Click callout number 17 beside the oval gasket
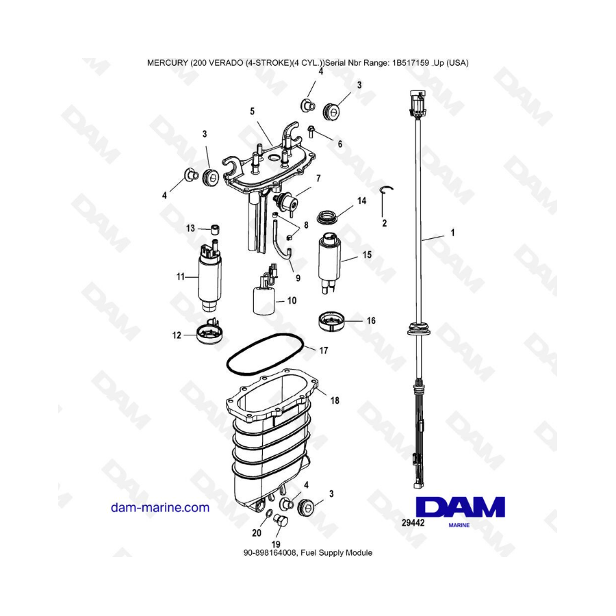tap(323, 350)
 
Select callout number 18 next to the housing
tap(334, 400)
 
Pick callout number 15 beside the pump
tap(367, 255)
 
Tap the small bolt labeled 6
tap(311, 131)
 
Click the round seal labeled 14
tap(328, 216)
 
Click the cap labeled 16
tap(331, 322)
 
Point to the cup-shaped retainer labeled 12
tap(210, 334)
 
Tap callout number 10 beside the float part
tap(292, 300)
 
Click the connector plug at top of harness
tap(418, 104)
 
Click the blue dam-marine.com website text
tap(160, 507)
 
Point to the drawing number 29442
tap(413, 522)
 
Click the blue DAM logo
tap(460, 507)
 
